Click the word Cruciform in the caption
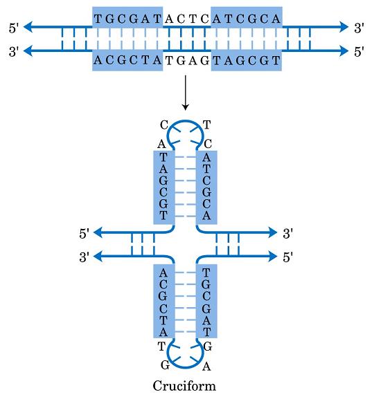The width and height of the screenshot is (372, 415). [184, 386]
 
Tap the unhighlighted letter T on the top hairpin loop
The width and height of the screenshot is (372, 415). [206, 125]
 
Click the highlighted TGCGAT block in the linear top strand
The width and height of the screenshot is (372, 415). [127, 19]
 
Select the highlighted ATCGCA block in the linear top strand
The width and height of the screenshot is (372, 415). [247, 19]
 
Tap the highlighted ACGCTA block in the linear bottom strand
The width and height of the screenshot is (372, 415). [127, 59]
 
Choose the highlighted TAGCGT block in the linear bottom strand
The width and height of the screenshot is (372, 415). [247, 59]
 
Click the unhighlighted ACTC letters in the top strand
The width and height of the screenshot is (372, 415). [187, 19]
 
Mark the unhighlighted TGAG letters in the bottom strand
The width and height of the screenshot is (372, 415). [187, 59]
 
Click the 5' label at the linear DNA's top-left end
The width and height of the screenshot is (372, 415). [13, 28]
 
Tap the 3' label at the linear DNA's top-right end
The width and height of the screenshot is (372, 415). [359, 28]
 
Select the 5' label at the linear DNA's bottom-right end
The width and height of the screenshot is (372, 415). [359, 52]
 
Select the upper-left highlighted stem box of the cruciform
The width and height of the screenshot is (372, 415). [163, 187]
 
